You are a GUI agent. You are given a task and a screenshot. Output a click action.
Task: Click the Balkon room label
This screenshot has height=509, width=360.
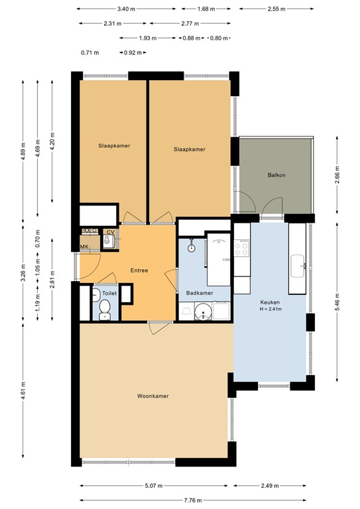[x=276, y=175]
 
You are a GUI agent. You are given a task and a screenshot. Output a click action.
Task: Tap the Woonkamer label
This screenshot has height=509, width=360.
[x=152, y=396]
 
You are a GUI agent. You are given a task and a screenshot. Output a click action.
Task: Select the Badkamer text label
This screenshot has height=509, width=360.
[x=199, y=292]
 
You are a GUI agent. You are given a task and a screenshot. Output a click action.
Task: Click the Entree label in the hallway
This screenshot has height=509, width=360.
[x=139, y=270]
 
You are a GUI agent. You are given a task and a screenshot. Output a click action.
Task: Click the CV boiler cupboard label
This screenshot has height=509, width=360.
[x=109, y=232]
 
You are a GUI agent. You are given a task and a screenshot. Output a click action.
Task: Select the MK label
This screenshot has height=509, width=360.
[x=84, y=247]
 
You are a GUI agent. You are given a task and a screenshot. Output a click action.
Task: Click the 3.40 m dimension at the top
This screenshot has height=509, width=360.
[x=126, y=9]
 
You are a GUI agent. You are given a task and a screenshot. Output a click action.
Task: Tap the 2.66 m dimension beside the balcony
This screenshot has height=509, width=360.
[x=337, y=179]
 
